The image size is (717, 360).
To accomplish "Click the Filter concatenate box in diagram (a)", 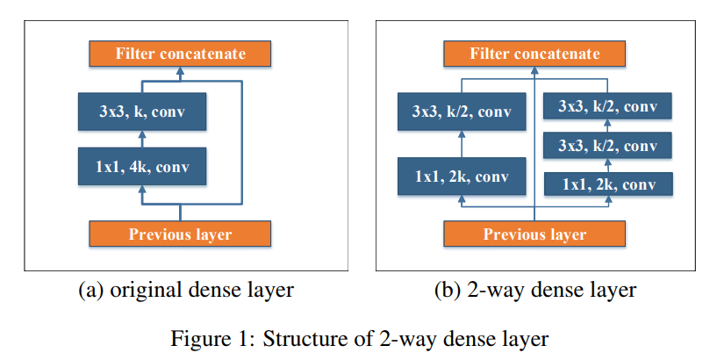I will tap(180, 54).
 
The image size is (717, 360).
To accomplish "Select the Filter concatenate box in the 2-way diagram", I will tap(534, 54).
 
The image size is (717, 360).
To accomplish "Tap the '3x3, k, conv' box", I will tap(142, 112).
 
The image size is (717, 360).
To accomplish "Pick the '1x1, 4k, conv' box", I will tap(142, 166).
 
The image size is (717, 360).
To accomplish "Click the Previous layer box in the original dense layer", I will tap(180, 234).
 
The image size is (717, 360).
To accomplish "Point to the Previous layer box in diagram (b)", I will tap(534, 234).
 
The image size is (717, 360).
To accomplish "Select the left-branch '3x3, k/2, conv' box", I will tap(462, 112).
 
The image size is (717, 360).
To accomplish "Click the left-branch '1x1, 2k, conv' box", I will tap(462, 176).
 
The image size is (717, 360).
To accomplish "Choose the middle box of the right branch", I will tap(607, 146).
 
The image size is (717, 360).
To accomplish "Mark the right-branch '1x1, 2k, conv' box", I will tap(607, 184).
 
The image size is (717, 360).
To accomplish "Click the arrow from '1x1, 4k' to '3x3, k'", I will tap(143, 139).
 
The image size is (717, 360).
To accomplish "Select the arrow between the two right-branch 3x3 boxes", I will tap(607, 126).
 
